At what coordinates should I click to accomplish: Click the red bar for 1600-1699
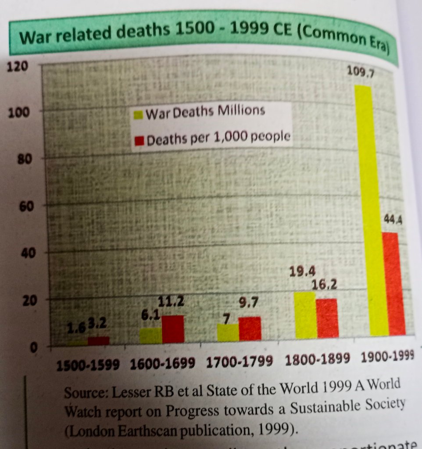(173, 329)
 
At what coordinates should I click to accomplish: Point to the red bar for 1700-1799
(250, 328)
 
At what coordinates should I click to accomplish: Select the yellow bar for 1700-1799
(228, 332)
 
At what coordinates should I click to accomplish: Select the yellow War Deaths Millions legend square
(138, 115)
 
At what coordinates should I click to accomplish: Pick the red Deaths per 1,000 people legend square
(139, 141)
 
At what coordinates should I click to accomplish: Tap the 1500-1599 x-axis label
(88, 364)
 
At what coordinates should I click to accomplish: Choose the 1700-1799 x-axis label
(240, 362)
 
